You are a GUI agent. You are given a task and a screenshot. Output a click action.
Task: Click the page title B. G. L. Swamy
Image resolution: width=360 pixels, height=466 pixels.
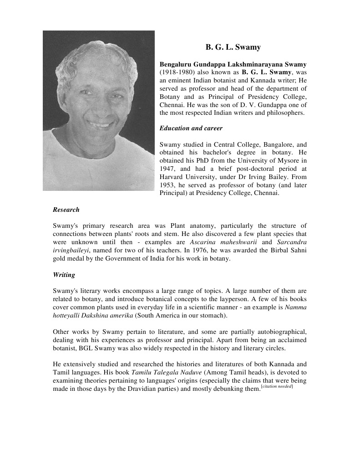233,47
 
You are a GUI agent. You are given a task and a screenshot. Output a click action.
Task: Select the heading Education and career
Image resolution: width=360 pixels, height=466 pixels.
191,128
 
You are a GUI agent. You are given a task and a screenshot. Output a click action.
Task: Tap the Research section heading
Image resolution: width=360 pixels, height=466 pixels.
66,210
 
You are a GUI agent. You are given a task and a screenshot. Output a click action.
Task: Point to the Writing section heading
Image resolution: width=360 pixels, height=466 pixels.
64,275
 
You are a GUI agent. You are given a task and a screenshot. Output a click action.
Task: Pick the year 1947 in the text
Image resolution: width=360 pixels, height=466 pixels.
168,169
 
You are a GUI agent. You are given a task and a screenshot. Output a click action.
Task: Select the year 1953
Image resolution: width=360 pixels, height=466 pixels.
167,185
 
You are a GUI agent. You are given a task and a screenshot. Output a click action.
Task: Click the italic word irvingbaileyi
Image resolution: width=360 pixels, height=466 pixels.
71,250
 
